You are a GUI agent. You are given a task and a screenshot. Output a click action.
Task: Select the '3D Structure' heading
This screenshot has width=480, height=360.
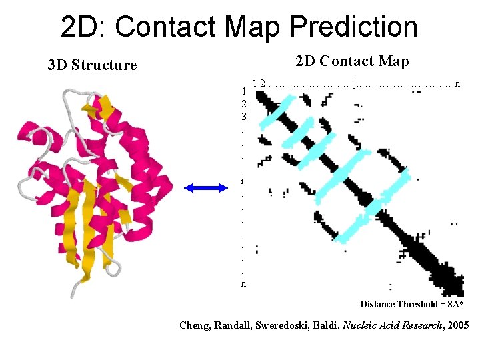[x=92, y=65]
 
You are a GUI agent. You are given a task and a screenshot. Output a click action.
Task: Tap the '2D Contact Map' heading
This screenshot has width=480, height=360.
[x=352, y=61]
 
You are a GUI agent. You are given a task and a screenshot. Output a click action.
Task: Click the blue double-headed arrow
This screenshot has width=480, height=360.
[x=206, y=189]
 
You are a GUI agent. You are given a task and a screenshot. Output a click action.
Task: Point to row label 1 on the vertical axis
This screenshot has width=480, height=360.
[x=244, y=91]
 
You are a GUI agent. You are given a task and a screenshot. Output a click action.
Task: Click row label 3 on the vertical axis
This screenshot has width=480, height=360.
[x=244, y=116]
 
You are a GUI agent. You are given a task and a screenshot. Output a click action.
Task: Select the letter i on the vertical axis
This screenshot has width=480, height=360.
[x=242, y=181]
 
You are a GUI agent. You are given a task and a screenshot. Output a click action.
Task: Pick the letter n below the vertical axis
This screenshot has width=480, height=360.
[x=243, y=283]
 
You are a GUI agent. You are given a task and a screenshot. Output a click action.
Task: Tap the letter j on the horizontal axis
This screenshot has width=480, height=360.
[x=355, y=83]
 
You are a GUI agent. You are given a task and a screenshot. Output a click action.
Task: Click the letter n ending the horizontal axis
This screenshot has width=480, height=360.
[x=457, y=83]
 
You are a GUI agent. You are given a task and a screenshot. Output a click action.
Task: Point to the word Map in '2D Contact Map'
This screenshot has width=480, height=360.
[x=394, y=61]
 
